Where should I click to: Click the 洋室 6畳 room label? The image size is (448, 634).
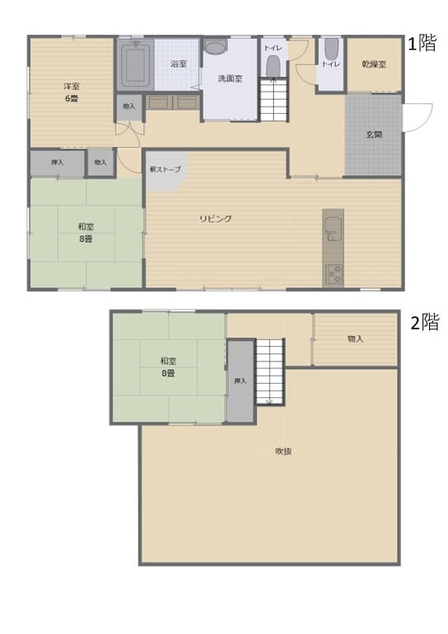(72, 92)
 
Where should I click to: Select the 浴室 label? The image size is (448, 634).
(178, 64)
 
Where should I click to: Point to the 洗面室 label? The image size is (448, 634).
(230, 79)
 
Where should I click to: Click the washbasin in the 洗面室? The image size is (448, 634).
(215, 47)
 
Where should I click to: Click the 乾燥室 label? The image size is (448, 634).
(374, 64)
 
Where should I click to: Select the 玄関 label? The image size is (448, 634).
(374, 135)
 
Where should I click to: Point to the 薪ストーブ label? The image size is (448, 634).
(165, 169)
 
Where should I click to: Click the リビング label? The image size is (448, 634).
(215, 219)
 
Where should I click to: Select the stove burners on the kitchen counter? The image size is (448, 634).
(333, 274)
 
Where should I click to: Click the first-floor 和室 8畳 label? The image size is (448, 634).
(86, 233)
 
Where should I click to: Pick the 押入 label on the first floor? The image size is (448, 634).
(58, 163)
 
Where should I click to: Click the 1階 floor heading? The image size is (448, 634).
(422, 43)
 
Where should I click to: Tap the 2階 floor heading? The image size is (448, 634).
(425, 323)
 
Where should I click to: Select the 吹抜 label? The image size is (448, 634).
(284, 452)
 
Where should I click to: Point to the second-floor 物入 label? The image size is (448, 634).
(356, 338)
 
